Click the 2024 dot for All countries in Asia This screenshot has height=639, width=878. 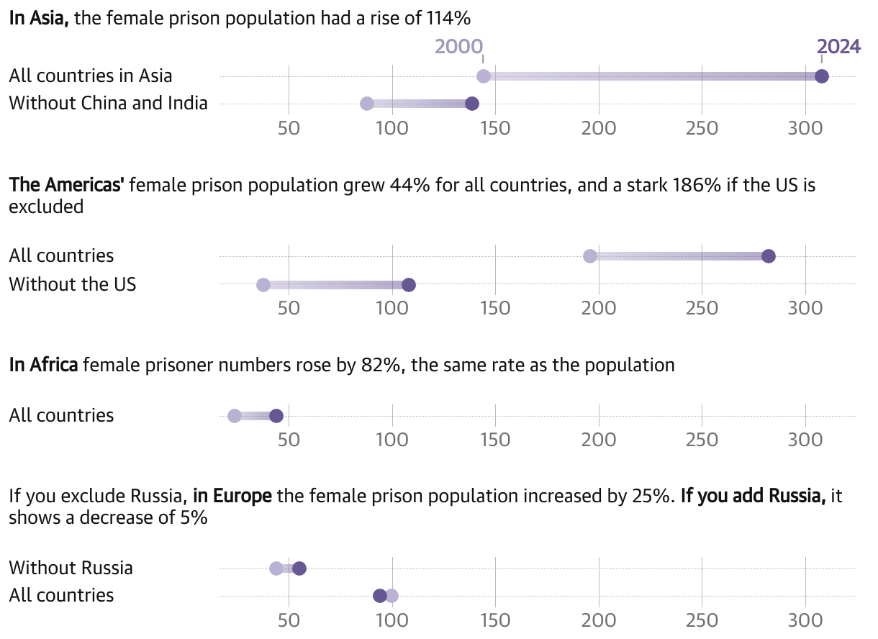pyautogui.click(x=821, y=76)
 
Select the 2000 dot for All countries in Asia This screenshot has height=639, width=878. pyautogui.click(x=484, y=76)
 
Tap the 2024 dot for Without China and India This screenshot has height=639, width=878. pyautogui.click(x=472, y=104)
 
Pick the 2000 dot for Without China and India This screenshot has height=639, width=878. pyautogui.click(x=367, y=104)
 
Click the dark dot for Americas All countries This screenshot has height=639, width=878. pyautogui.click(x=769, y=256)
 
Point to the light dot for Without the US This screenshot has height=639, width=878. pyautogui.click(x=263, y=284)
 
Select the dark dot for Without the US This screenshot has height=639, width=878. pyautogui.click(x=409, y=284)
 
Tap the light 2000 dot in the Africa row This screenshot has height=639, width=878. pyautogui.click(x=235, y=416)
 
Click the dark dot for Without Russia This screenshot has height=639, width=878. pyautogui.click(x=299, y=568)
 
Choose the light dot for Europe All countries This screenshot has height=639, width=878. pyautogui.click(x=392, y=596)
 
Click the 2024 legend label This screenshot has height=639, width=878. pyautogui.click(x=838, y=47)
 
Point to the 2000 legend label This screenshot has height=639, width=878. pyautogui.click(x=458, y=47)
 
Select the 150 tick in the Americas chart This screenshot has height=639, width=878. pyautogui.click(x=495, y=309)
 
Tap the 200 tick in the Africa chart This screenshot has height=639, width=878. pyautogui.click(x=599, y=440)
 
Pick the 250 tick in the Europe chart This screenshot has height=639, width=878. pyautogui.click(x=702, y=620)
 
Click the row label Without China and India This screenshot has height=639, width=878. pyautogui.click(x=108, y=103)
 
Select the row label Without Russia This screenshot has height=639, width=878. pyautogui.click(x=71, y=568)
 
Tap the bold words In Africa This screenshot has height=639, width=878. pyautogui.click(x=43, y=365)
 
